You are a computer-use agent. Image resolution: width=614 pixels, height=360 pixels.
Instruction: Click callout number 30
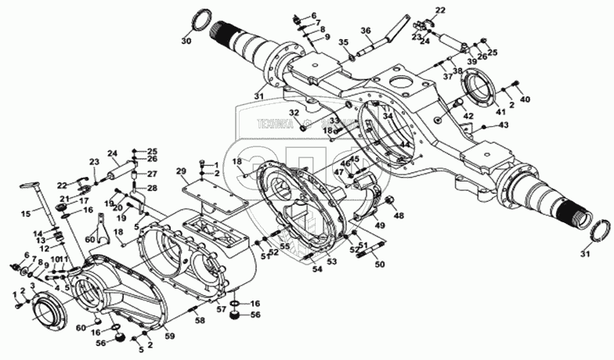(186, 40)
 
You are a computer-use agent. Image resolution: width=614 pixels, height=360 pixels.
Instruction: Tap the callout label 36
(366, 31)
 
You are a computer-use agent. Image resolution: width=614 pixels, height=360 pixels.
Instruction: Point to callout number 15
(25, 213)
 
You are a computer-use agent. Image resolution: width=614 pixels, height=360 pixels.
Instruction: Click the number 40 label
(525, 99)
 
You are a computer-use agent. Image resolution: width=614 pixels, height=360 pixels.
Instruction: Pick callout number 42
(468, 117)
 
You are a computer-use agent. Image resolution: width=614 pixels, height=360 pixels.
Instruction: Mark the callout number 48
(399, 215)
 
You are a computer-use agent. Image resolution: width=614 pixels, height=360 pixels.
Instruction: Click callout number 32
(294, 113)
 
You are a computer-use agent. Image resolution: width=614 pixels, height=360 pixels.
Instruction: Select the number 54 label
(316, 269)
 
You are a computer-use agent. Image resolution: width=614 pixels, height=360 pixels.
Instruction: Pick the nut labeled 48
(386, 203)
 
